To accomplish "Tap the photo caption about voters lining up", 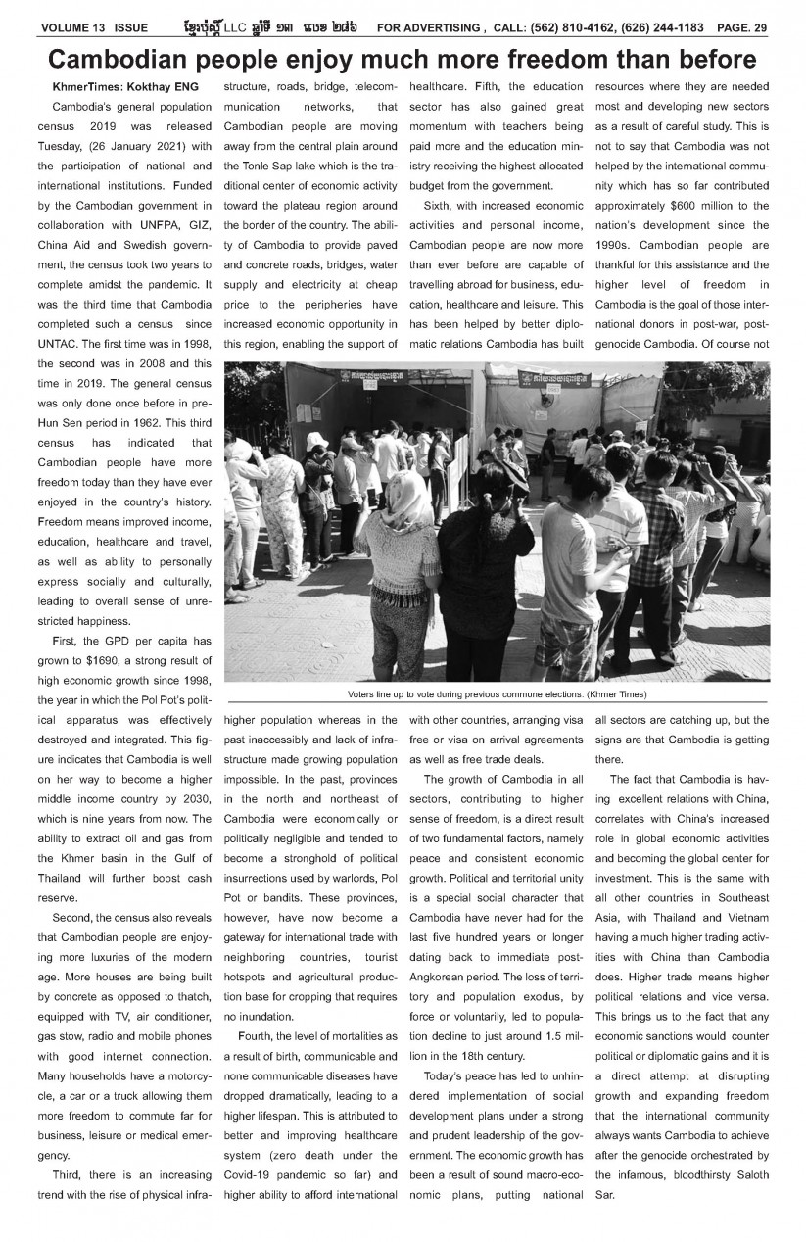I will (497, 693).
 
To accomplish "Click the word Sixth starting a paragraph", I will (440, 205).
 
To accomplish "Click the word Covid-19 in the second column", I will (250, 1175).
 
